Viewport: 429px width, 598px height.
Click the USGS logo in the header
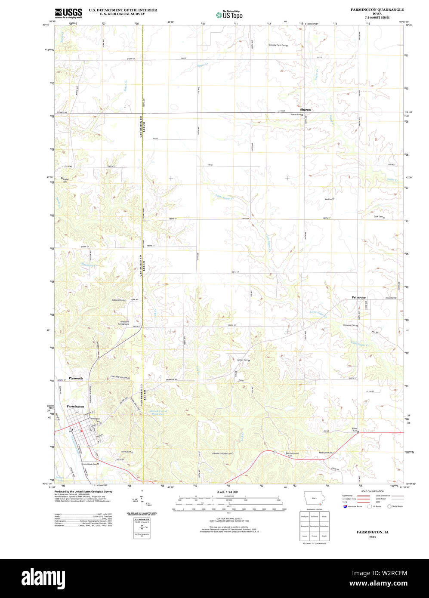(x=68, y=12)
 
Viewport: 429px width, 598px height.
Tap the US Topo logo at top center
(x=229, y=15)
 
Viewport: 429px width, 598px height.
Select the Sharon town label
(x=305, y=110)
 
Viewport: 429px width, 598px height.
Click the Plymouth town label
(x=76, y=378)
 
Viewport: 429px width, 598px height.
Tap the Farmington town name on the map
(x=75, y=406)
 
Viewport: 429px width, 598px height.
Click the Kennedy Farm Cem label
(x=277, y=45)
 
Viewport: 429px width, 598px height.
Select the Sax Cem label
(x=328, y=199)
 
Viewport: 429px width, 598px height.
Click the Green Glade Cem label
(x=89, y=464)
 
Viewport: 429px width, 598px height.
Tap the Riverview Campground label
(x=124, y=323)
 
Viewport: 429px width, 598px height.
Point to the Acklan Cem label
(x=242, y=360)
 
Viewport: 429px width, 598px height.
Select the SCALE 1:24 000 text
(x=227, y=492)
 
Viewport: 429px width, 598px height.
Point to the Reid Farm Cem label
(x=325, y=453)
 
